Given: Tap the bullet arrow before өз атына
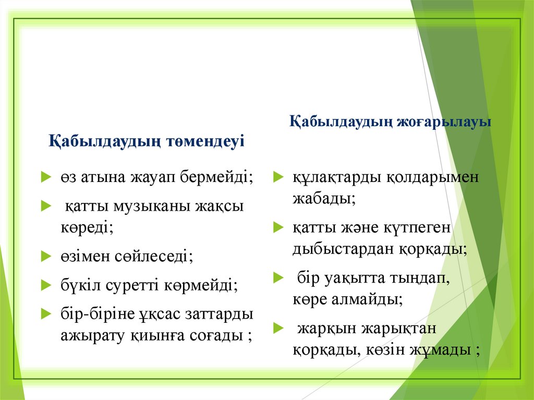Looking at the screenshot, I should tap(45, 177).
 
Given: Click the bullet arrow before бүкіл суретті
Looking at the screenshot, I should tap(45, 285).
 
